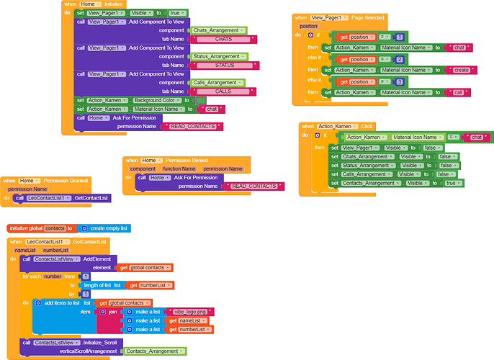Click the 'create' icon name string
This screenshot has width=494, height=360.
click(x=462, y=70)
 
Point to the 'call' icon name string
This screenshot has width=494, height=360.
click(x=459, y=92)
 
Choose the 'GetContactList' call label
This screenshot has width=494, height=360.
click(x=91, y=197)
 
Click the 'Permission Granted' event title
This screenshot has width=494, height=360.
click(x=66, y=180)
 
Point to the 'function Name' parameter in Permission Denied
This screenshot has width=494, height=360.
click(x=179, y=168)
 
